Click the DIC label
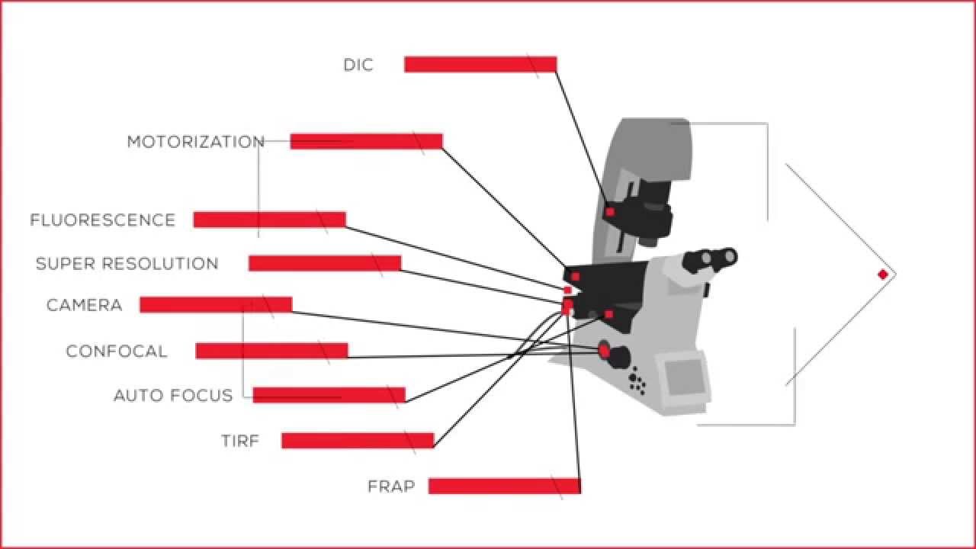pos(358,65)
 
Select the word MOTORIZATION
pos(195,142)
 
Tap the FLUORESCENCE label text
pos(103,220)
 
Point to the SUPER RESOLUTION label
pos(127,264)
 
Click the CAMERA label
pos(84,305)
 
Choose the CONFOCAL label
pos(116,352)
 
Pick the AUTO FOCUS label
pos(173,396)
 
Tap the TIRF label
pos(240,441)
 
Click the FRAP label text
pos(391,486)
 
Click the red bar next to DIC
pos(480,64)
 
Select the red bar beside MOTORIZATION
pos(366,141)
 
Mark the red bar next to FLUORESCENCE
pos(269,220)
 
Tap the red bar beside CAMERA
pos(216,304)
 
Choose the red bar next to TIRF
pos(358,440)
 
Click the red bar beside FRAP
pos(504,486)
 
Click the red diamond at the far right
pos(883,274)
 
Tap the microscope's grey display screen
pos(683,375)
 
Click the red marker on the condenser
pos(610,211)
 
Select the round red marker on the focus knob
pos(604,350)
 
